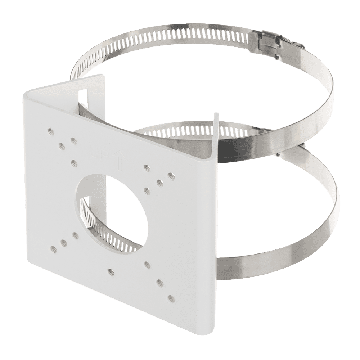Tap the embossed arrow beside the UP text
pyautogui.click(x=119, y=158)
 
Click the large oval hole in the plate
pyautogui.click(x=112, y=208)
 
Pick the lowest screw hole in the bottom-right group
pyautogui.click(x=171, y=298)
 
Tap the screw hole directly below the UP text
pyautogui.click(x=74, y=163)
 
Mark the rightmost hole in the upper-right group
pyautogui.click(x=171, y=176)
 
